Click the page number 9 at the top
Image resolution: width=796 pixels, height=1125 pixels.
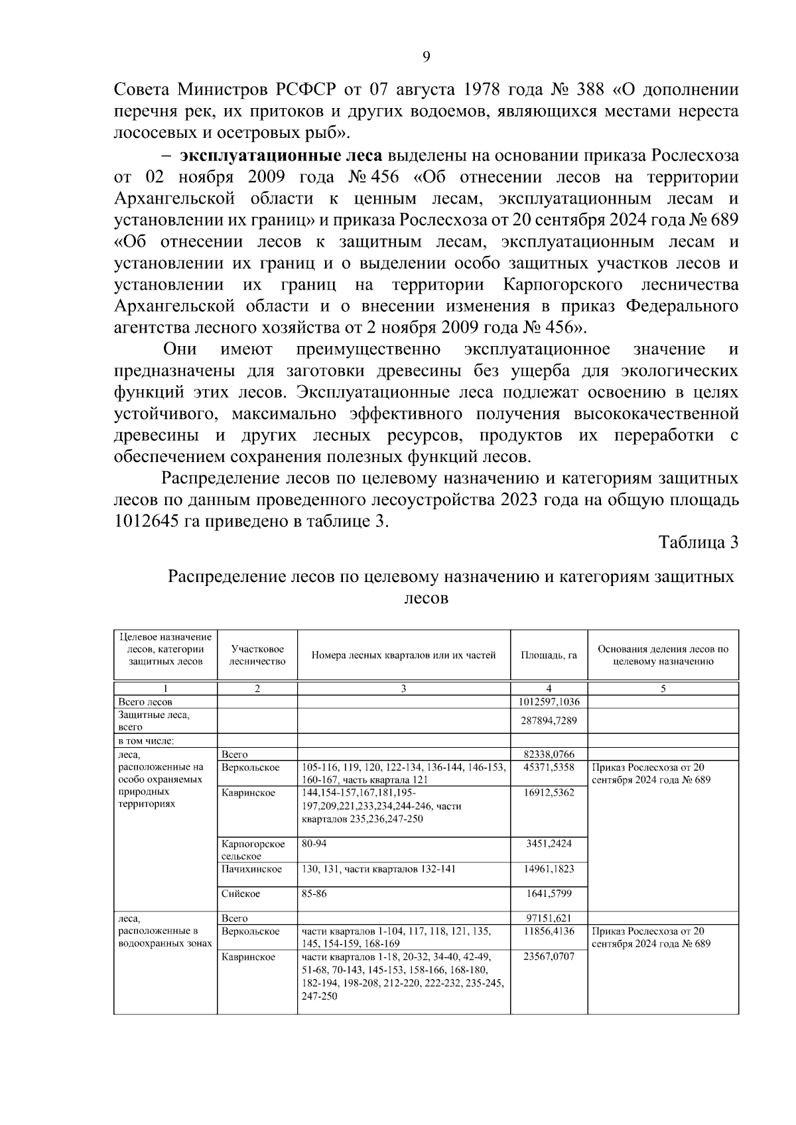click(427, 58)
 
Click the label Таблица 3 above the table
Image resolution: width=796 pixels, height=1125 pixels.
click(698, 542)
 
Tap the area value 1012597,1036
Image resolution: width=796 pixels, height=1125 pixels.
click(549, 702)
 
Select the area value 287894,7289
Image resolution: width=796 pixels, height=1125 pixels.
click(549, 721)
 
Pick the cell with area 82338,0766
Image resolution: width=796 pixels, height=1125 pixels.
click(549, 754)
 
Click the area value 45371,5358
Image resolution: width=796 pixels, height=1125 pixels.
click(549, 767)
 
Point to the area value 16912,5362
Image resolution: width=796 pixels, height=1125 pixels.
click(549, 792)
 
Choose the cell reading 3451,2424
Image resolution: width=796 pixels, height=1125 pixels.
click(549, 844)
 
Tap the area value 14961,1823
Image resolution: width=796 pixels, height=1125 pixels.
click(549, 868)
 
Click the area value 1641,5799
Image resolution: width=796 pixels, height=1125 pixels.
click(549, 894)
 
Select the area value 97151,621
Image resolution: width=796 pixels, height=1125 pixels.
click(549, 918)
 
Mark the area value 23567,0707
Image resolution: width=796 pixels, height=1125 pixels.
click(549, 957)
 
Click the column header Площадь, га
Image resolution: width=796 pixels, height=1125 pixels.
click(549, 655)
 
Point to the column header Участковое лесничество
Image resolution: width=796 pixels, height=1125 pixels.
click(257, 655)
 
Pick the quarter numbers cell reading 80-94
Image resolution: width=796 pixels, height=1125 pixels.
click(314, 844)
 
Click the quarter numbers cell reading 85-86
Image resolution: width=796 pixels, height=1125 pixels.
click(314, 894)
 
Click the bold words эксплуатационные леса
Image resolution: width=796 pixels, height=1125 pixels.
click(281, 156)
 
